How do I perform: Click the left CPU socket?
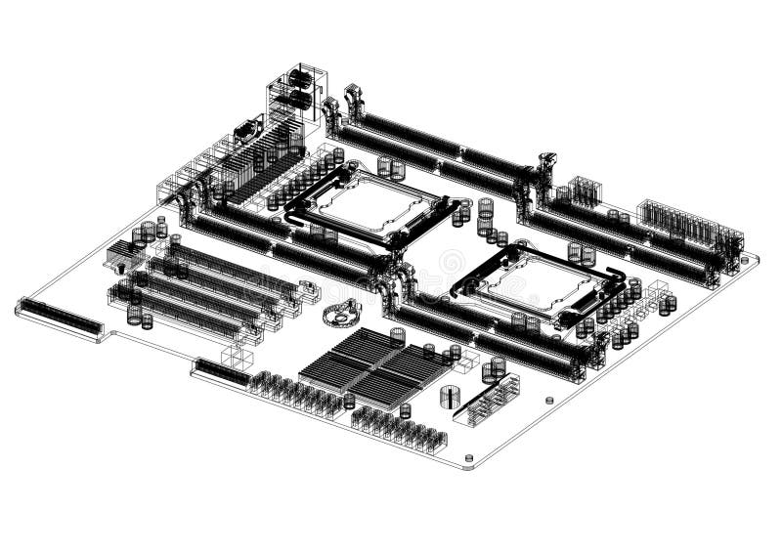[367, 206]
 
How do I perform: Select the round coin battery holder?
[340, 314]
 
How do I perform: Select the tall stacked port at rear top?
[299, 88]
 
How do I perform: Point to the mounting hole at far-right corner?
[748, 260]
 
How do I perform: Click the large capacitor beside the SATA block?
[450, 397]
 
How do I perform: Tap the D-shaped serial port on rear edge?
[246, 128]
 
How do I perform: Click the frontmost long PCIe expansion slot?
[186, 316]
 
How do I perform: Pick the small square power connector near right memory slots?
[584, 191]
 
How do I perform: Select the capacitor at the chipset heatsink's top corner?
[397, 335]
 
